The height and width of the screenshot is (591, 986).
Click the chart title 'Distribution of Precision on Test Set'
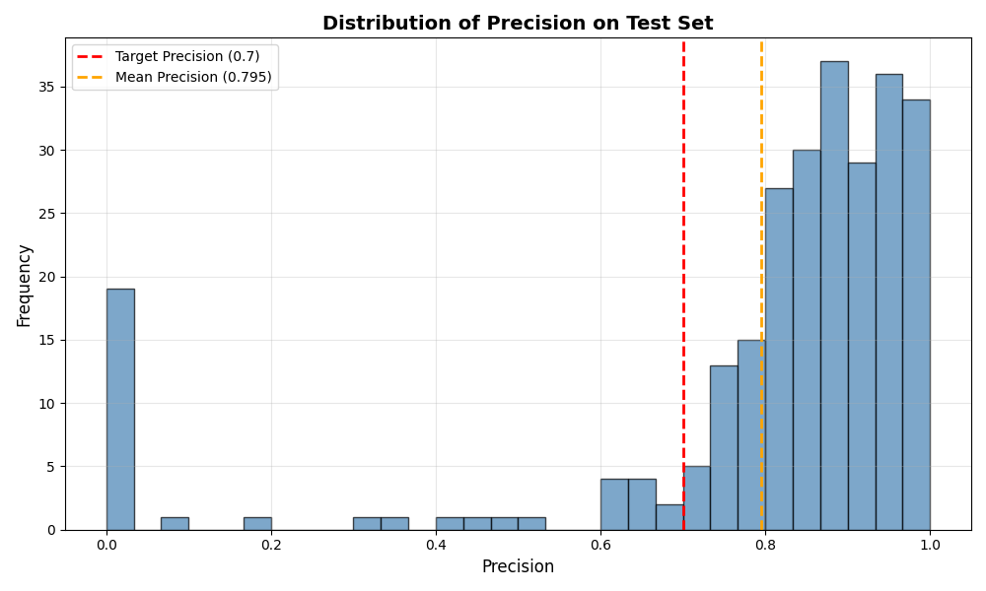pos(518,24)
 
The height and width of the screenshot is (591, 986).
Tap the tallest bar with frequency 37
pos(834,295)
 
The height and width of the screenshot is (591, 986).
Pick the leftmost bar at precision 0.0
pos(120,409)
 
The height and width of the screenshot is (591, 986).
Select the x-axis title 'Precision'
pos(518,567)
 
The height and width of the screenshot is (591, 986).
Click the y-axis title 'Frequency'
pos(25,285)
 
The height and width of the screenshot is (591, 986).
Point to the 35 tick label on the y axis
pos(46,87)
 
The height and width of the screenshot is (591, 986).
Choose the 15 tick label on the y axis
pos(46,340)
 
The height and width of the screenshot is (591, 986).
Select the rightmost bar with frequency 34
pos(916,315)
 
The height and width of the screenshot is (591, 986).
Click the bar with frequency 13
pos(724,448)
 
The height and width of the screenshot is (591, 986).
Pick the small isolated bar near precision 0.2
pos(257,523)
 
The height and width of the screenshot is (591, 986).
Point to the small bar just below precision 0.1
pos(175,523)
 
